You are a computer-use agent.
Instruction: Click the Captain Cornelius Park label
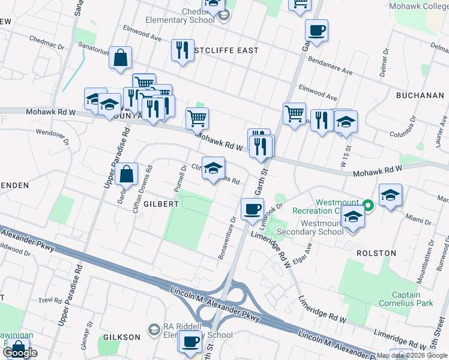tap(413, 299)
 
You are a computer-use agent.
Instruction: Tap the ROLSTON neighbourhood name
tap(376, 253)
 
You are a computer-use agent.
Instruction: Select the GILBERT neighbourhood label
tap(161, 204)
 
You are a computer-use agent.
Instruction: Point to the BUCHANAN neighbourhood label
tap(420, 95)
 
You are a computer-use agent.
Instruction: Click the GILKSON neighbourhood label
tap(121, 337)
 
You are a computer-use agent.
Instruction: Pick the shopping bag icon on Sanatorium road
tap(121, 59)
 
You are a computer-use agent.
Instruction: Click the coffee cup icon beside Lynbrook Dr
tap(252, 209)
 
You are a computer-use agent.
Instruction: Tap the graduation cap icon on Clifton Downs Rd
tap(213, 167)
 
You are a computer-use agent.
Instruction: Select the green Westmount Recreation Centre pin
tap(370, 206)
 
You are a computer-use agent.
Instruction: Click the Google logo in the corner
tap(20, 353)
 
